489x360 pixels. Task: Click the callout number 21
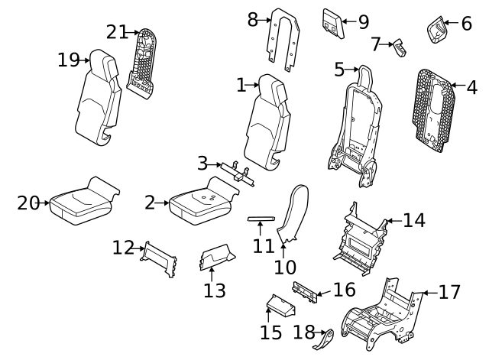[x=117, y=32]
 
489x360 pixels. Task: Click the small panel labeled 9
[x=334, y=23]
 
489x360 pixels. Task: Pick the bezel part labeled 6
[x=438, y=30]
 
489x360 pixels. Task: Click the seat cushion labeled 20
[x=80, y=202]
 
